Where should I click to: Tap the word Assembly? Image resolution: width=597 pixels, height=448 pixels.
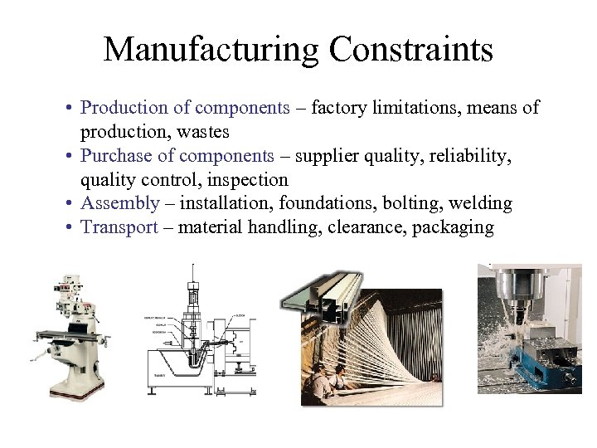tap(119, 204)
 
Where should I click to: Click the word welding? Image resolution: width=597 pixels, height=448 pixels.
tap(481, 204)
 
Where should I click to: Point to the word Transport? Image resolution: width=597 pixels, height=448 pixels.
tap(119, 228)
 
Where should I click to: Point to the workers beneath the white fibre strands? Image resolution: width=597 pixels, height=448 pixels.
tap(336, 381)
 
